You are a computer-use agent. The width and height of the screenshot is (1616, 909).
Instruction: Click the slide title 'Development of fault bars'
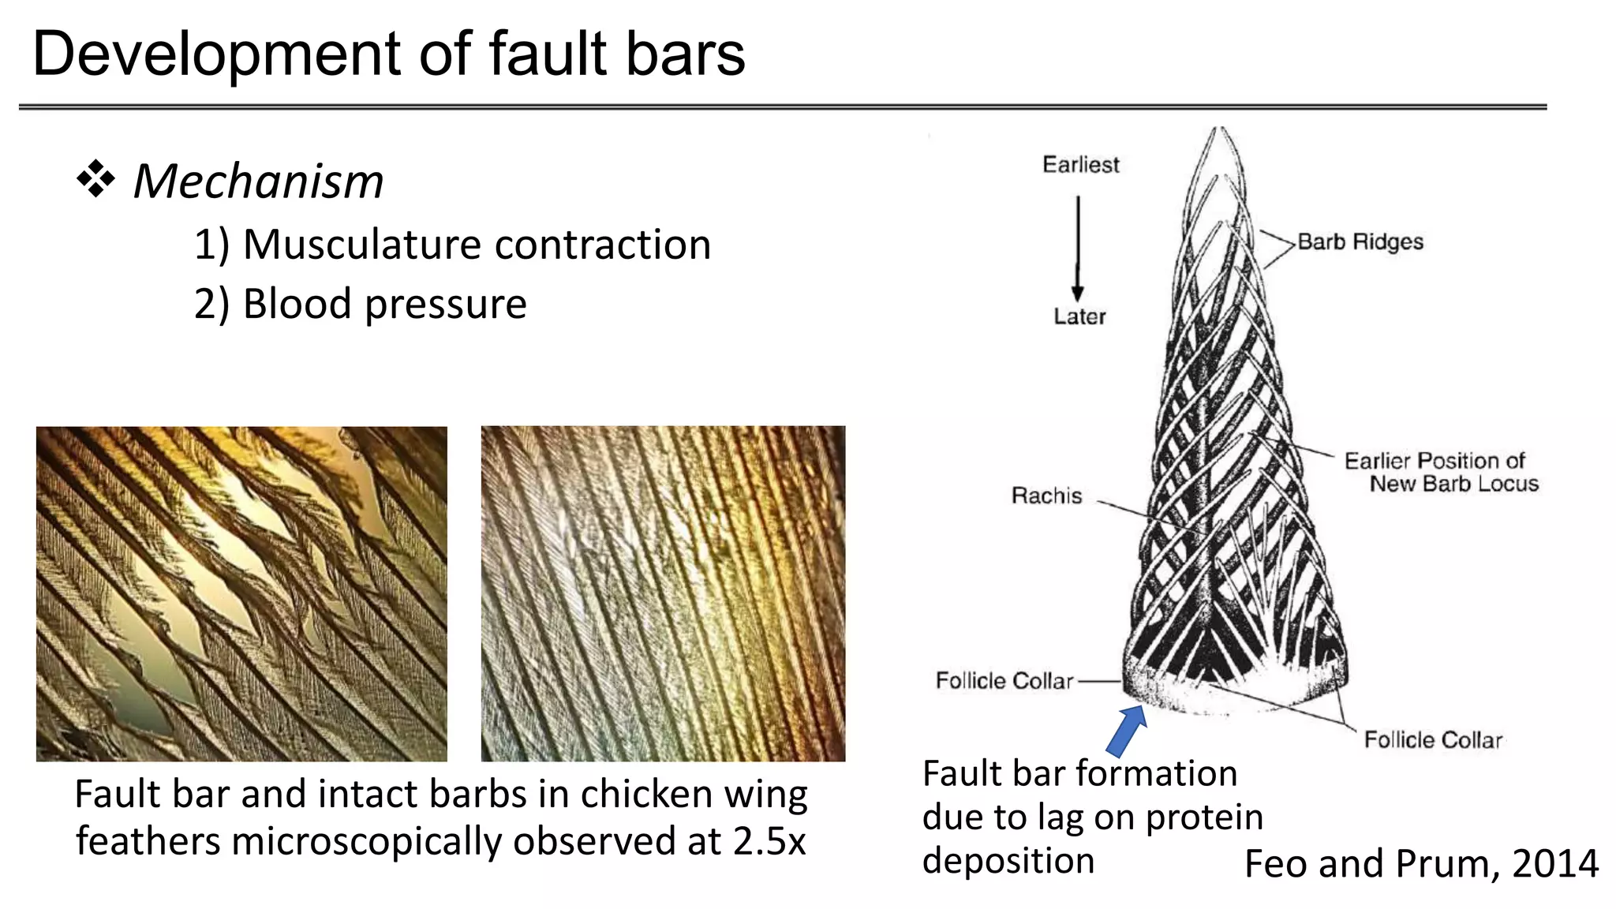click(388, 54)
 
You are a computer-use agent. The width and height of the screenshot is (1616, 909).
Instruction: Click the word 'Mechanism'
click(258, 181)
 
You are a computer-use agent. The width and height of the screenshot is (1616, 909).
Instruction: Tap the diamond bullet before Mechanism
click(95, 179)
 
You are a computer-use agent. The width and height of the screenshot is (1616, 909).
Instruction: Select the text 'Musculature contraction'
click(477, 244)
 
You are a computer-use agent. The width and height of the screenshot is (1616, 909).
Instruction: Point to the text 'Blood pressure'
click(384, 304)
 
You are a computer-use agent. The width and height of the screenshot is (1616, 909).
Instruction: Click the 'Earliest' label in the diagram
click(1080, 165)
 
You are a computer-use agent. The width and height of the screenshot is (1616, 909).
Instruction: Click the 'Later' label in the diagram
click(1079, 316)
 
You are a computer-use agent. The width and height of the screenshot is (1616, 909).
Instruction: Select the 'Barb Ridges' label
click(1360, 241)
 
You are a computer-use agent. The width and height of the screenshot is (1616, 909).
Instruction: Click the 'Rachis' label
click(1046, 496)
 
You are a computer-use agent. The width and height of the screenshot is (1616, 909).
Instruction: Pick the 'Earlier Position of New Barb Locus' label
click(1442, 472)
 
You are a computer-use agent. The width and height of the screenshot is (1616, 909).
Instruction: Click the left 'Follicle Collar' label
click(1004, 680)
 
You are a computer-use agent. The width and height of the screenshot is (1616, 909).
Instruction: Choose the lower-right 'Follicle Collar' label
click(1433, 739)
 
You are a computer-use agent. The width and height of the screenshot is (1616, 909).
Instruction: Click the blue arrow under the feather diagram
click(1127, 730)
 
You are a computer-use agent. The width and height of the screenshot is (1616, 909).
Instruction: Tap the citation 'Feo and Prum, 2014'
click(1421, 863)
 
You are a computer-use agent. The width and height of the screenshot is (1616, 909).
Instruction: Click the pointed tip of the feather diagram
click(1221, 131)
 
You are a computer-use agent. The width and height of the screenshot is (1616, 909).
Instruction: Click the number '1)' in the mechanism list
click(211, 245)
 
